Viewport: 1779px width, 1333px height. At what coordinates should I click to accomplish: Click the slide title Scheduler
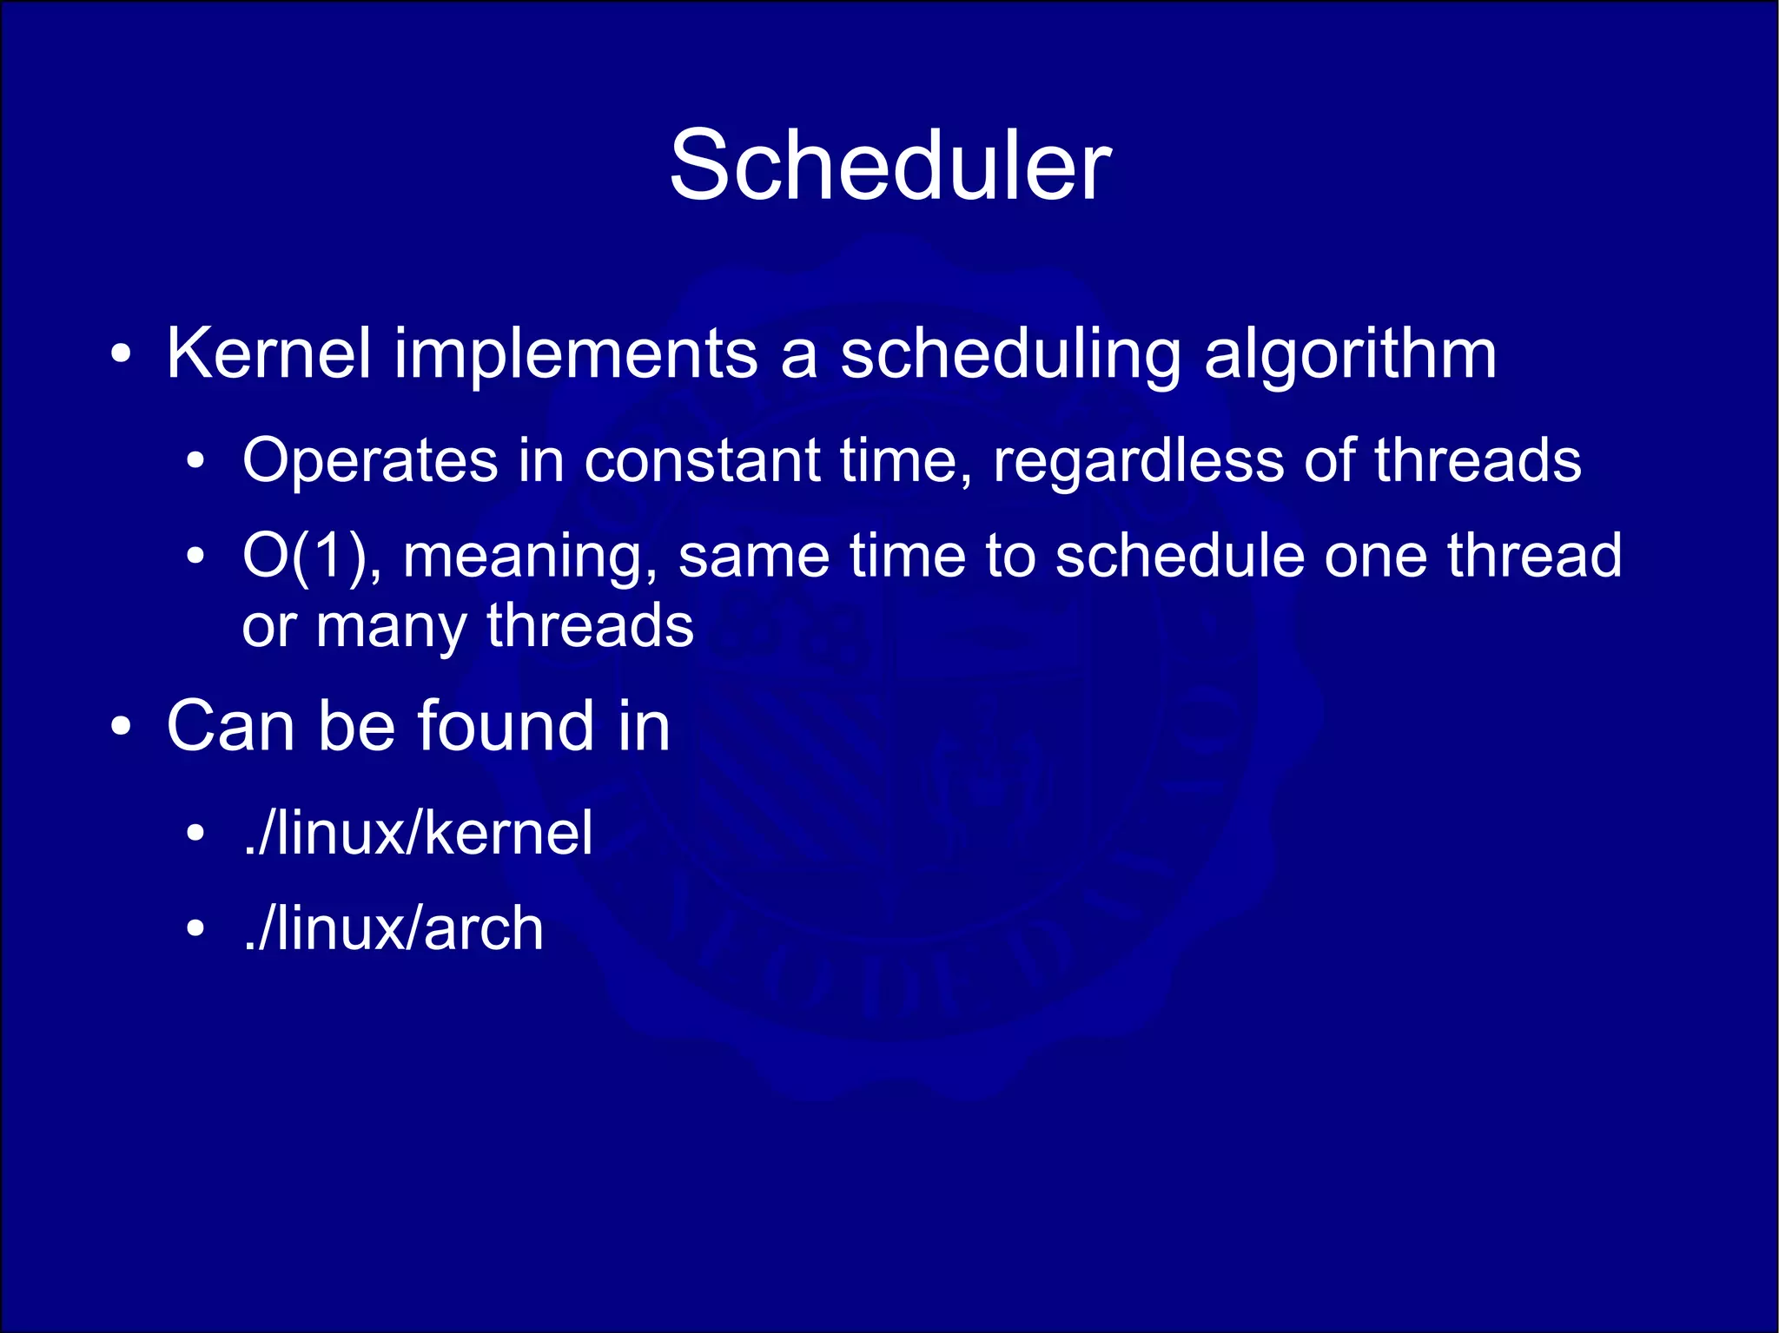pyautogui.click(x=889, y=166)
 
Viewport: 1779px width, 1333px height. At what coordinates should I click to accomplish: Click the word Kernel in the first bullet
pyautogui.click(x=268, y=353)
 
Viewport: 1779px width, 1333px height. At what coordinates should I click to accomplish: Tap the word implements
pyautogui.click(x=576, y=353)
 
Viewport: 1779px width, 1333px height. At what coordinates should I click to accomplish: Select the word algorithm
pyautogui.click(x=1350, y=353)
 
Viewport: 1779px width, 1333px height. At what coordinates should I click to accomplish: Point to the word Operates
pyautogui.click(x=370, y=460)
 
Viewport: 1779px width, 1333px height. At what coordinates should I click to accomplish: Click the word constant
pyautogui.click(x=702, y=460)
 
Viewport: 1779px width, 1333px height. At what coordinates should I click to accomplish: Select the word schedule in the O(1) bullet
pyautogui.click(x=1179, y=556)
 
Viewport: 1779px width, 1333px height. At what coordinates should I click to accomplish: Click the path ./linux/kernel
pyautogui.click(x=419, y=833)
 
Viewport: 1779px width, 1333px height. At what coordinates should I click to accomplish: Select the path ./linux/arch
pyautogui.click(x=393, y=928)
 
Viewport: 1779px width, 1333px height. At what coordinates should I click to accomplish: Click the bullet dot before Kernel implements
pyautogui.click(x=122, y=355)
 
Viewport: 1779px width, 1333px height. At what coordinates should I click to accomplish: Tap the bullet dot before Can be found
pyautogui.click(x=122, y=727)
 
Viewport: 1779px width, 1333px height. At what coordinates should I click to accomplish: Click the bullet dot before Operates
pyautogui.click(x=196, y=462)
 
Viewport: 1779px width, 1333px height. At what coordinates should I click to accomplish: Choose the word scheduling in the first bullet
pyautogui.click(x=1010, y=353)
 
